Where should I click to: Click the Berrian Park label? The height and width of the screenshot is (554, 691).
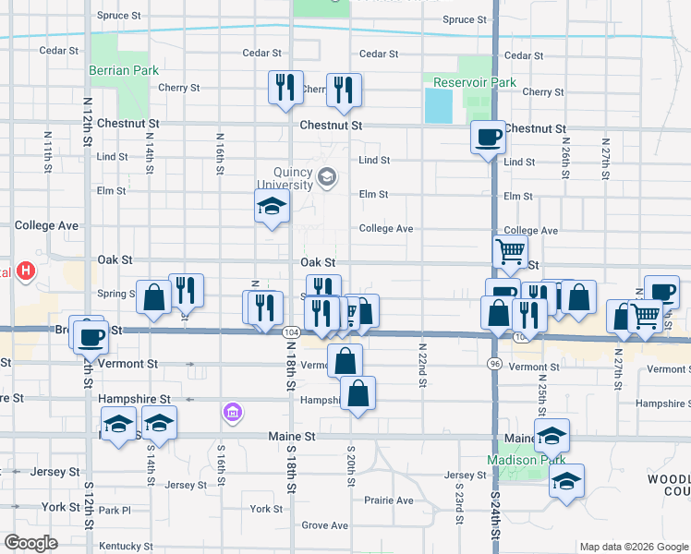[x=124, y=70]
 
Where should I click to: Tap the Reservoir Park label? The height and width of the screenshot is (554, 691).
[x=475, y=83]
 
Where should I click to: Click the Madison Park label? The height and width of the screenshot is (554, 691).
[x=518, y=460]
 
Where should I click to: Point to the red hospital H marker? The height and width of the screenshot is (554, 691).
[x=27, y=271]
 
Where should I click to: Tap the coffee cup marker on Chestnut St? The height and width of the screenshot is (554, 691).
[x=488, y=138]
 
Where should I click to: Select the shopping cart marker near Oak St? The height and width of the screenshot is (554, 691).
[x=510, y=250]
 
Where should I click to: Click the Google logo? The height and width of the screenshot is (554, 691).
[x=31, y=543]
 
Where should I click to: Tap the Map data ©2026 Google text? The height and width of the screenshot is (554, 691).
[x=633, y=547]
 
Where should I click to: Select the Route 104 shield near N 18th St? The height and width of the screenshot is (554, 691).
[x=291, y=331]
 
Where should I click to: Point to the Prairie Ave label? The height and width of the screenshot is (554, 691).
[x=388, y=500]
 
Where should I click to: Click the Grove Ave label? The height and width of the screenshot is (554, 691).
[x=324, y=525]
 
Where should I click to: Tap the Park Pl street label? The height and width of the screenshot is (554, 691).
[x=115, y=510]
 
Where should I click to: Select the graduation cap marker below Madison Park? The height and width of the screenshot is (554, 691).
[x=566, y=480]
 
